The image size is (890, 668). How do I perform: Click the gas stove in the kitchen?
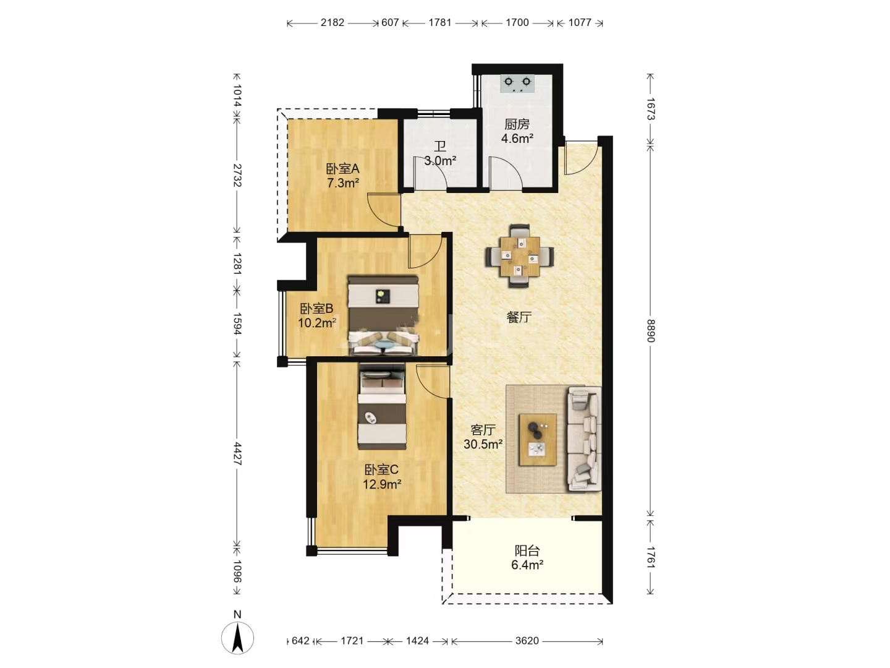pos(517,83)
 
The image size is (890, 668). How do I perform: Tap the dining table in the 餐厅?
pos(519,256)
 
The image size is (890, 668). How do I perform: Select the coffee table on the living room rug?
pos(538,440)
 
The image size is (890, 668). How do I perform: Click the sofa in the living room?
pos(584,439)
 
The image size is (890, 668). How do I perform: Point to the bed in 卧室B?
pos(383,316)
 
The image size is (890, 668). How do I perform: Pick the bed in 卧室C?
pos(382,406)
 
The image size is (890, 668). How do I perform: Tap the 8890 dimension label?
pos(650,330)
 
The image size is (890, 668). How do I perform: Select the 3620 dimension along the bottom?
pos(527,641)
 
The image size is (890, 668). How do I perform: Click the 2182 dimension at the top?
pos(332,23)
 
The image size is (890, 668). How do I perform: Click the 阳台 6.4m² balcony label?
pos(527,558)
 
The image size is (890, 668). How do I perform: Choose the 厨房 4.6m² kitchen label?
pos(517,131)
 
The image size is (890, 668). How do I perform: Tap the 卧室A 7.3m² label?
pos(343,176)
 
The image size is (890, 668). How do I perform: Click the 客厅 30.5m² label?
pos(483,437)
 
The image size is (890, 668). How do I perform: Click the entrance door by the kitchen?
pos(582,158)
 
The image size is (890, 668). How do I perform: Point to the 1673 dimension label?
pos(650,109)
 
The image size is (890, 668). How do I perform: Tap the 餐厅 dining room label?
pos(519,317)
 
